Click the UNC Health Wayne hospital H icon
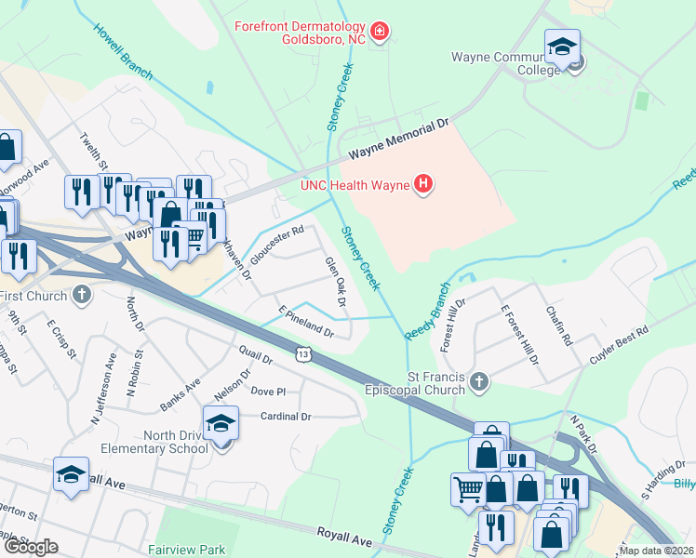coord(423,184)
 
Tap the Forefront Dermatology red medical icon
coord(380,33)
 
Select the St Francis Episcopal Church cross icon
coord(478,381)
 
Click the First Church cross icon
coord(82,296)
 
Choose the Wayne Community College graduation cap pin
coord(563,47)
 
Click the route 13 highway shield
coord(303,353)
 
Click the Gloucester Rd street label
coord(277,246)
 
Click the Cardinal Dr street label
coord(286,417)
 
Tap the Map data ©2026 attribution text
coord(656,551)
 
